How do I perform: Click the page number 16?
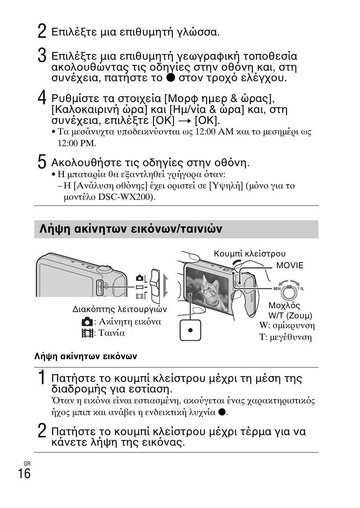pos(24,474)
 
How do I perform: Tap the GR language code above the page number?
pos(27,463)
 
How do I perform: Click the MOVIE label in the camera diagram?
pos(289,266)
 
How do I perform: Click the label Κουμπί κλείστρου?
pos(249,254)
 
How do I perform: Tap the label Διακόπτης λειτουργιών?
pos(120,309)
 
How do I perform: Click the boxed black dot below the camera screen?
pos(190,330)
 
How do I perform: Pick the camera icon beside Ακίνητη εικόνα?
pos(87,322)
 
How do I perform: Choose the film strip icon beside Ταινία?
pos(87,333)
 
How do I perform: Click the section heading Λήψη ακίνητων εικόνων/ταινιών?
pos(131,229)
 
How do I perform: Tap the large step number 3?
pos(42,56)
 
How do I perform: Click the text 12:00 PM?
pos(77,144)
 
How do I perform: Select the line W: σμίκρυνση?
pos(287,326)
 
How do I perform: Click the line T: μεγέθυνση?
pos(285,337)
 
